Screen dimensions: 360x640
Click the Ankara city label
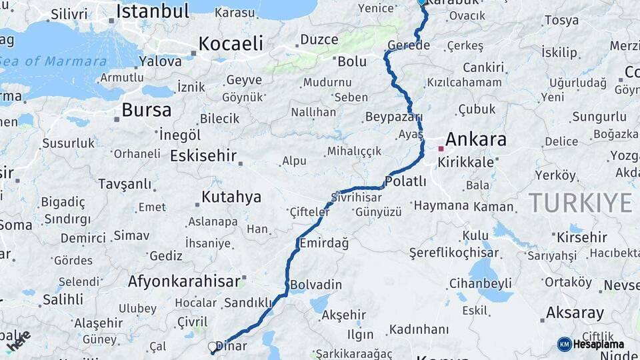pyautogui.click(x=475, y=139)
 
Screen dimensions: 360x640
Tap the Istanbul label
pyautogui.click(x=153, y=11)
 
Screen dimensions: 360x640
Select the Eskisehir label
pyautogui.click(x=203, y=156)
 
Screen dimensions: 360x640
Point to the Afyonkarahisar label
pyautogui.click(x=183, y=281)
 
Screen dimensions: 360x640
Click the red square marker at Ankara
pyautogui.click(x=441, y=149)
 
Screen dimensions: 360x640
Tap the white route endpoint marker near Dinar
pyautogui.click(x=213, y=347)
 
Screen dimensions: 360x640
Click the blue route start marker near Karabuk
pyautogui.click(x=421, y=2)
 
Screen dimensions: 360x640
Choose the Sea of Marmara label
pyautogui.click(x=53, y=61)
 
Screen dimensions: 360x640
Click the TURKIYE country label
pyautogui.click(x=580, y=203)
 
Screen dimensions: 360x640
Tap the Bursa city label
pyautogui.click(x=147, y=110)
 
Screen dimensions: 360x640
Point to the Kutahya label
pyautogui.click(x=231, y=197)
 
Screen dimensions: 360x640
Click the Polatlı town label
pyautogui.click(x=405, y=181)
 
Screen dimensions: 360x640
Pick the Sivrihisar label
pyautogui.click(x=357, y=197)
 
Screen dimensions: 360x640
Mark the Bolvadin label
pyautogui.click(x=316, y=285)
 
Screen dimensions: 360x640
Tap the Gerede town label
pyautogui.click(x=409, y=45)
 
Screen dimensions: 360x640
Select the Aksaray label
pyautogui.click(x=575, y=313)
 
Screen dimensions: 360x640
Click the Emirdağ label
pyautogui.click(x=324, y=243)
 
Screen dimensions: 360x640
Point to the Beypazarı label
pyautogui.click(x=393, y=117)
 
